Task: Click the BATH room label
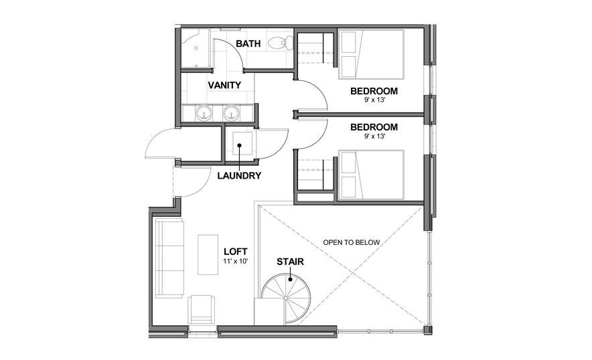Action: (x=248, y=44)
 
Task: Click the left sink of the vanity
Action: (x=204, y=114)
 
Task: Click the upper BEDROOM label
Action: (x=374, y=91)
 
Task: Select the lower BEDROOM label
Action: (x=374, y=126)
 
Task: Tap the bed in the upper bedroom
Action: (x=372, y=54)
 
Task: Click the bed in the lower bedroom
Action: (x=372, y=175)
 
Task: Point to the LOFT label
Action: (x=235, y=251)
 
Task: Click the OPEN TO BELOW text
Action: (x=351, y=242)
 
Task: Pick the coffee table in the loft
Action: (x=208, y=254)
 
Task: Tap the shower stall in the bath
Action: (x=196, y=48)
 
